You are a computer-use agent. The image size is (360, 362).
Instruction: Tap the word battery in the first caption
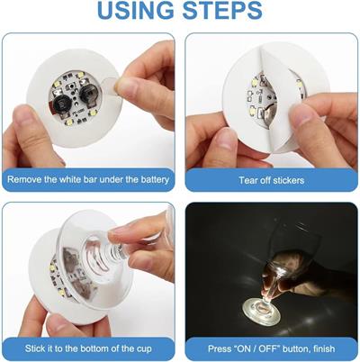(149, 180)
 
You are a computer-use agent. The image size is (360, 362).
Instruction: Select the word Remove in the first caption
(28, 180)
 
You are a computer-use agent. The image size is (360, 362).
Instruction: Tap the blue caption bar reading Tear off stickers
(270, 180)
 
